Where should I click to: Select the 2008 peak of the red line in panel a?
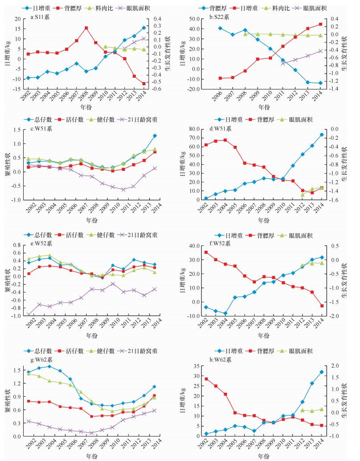[86, 28]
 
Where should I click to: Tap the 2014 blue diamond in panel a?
[144, 28]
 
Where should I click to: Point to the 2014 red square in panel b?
[320, 24]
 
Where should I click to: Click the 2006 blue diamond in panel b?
[220, 28]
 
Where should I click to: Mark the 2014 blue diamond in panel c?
[155, 136]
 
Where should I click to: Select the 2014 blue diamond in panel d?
[321, 135]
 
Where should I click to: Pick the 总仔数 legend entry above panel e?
[47, 234]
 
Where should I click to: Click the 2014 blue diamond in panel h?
[321, 372]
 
